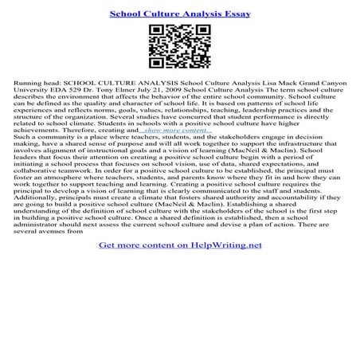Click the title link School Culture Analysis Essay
click(x=179, y=13)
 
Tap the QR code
click(x=180, y=48)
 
